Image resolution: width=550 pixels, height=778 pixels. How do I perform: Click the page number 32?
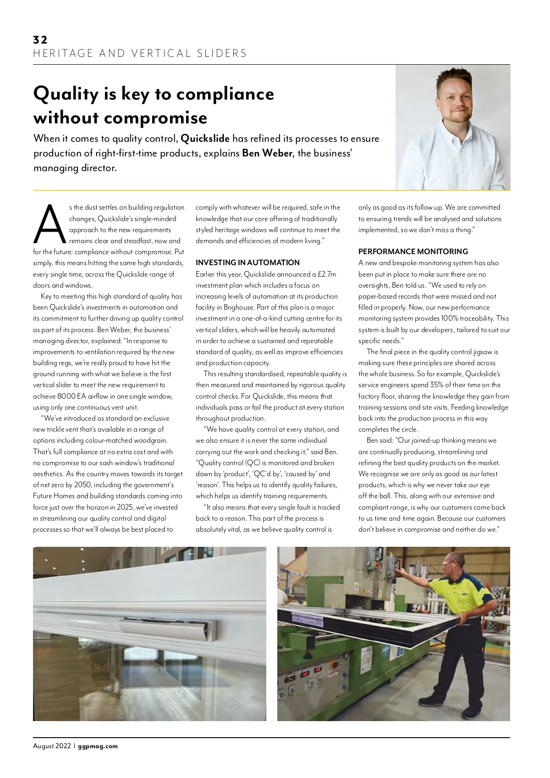click(40, 40)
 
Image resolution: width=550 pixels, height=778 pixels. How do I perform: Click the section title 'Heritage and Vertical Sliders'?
click(140, 53)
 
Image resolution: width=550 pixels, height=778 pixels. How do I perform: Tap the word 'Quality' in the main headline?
click(66, 94)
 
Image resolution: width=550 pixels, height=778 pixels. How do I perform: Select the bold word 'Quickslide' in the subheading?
click(205, 139)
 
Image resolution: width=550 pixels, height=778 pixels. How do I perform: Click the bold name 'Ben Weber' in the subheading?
click(267, 153)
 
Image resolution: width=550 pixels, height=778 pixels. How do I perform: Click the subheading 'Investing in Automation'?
click(247, 262)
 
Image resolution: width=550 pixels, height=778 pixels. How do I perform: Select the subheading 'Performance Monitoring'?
click(413, 251)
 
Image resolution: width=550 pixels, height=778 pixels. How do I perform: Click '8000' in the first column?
click(67, 396)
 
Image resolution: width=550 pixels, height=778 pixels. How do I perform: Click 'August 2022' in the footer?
click(52, 746)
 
